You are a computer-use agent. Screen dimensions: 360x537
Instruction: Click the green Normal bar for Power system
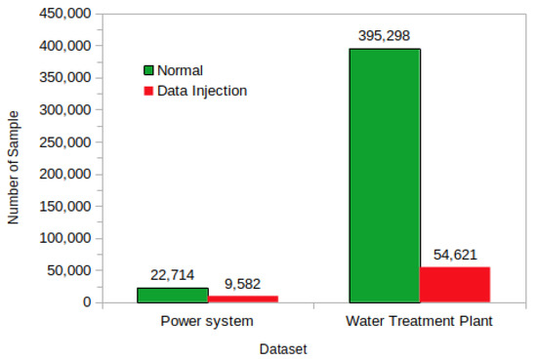(x=172, y=295)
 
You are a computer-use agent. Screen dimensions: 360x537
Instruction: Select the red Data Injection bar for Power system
(x=242, y=299)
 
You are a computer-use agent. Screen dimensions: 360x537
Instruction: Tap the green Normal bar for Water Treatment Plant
(x=384, y=176)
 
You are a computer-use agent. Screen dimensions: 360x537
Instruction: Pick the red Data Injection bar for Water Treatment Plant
(x=454, y=284)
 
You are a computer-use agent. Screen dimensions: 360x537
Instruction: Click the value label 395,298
(x=384, y=35)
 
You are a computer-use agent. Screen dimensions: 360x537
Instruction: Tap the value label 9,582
(x=242, y=282)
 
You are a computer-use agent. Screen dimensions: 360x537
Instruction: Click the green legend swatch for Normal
(x=149, y=70)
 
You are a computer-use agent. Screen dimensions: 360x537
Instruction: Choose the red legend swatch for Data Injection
(x=149, y=91)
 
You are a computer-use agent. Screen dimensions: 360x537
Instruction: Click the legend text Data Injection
(x=203, y=91)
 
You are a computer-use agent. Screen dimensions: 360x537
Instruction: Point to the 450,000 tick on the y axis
(x=63, y=14)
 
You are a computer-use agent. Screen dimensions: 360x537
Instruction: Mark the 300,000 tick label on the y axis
(x=63, y=110)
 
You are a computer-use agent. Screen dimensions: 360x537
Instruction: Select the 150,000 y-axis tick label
(x=63, y=206)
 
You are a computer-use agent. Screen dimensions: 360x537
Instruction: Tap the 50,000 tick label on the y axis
(x=67, y=270)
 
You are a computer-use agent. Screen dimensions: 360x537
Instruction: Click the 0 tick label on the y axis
(x=86, y=302)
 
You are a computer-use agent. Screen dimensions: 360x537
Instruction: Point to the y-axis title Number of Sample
(x=14, y=157)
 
